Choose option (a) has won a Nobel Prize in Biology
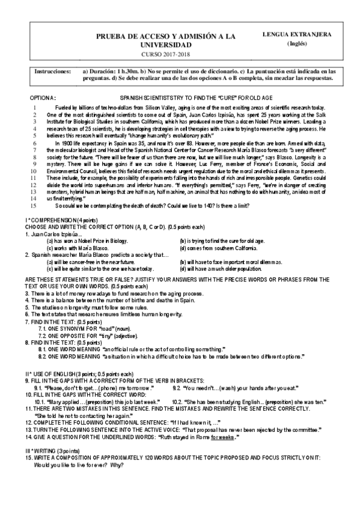(x=88, y=241)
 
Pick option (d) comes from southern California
(x=222, y=247)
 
